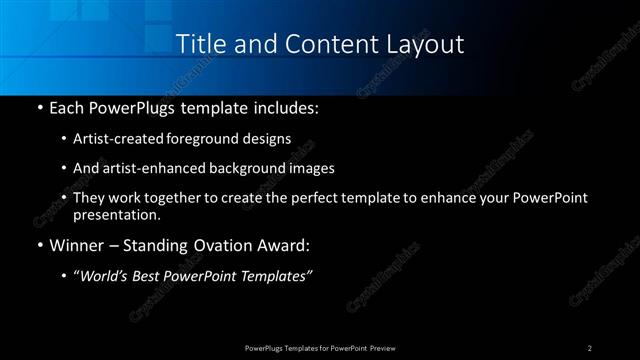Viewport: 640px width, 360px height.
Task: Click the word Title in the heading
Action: click(x=199, y=44)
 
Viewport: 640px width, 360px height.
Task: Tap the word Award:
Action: click(x=285, y=245)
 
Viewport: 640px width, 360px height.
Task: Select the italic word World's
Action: click(x=105, y=277)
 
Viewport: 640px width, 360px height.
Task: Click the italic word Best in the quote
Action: click(x=152, y=277)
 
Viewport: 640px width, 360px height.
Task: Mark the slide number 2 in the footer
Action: click(x=590, y=347)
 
